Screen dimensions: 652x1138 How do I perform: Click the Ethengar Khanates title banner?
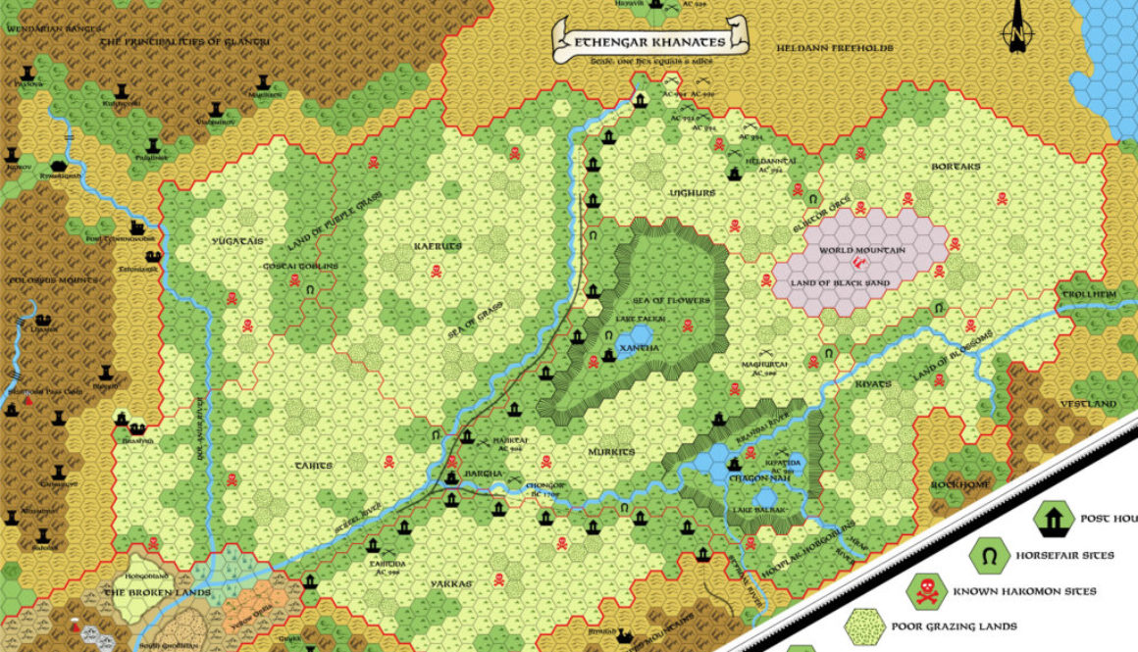click(x=650, y=41)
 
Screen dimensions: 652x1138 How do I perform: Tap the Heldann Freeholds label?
click(x=834, y=47)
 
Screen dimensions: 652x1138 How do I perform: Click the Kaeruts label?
click(x=437, y=246)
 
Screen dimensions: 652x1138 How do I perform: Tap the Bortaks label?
click(x=956, y=167)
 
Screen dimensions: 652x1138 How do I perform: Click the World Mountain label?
click(x=861, y=250)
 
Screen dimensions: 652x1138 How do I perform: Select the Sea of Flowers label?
click(x=672, y=300)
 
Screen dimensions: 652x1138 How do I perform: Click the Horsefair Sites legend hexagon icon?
click(x=989, y=556)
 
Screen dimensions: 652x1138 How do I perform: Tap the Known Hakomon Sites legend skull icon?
click(x=924, y=590)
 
